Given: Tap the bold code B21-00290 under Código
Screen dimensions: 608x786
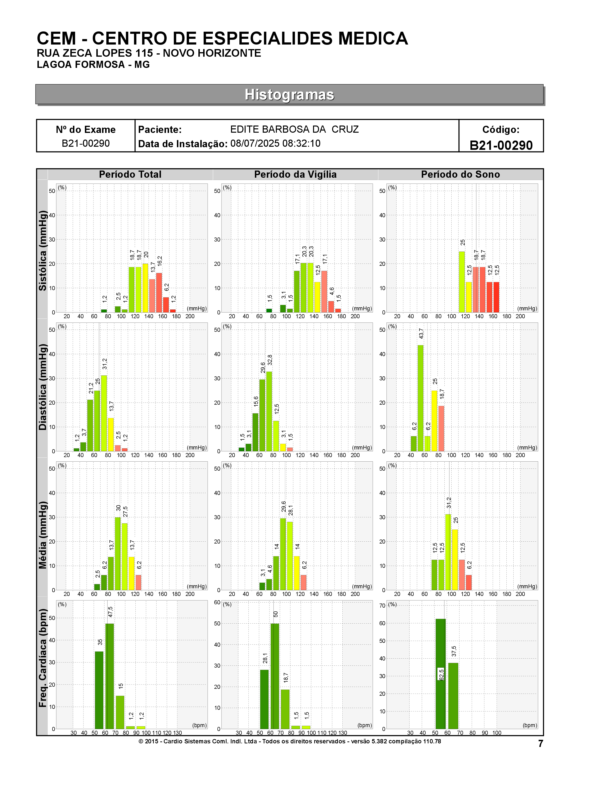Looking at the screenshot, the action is click(x=501, y=145).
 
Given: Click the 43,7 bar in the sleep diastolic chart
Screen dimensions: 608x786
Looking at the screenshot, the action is click(x=420, y=398).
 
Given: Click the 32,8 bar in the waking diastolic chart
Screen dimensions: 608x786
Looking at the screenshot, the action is click(x=269, y=411).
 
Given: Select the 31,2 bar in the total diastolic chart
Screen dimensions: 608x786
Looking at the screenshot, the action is click(x=104, y=413).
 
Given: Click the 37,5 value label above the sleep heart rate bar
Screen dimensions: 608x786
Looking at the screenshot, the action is click(x=454, y=651).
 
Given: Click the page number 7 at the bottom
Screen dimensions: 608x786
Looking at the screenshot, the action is click(x=540, y=744).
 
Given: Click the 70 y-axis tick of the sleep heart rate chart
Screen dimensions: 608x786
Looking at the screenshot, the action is click(x=382, y=606).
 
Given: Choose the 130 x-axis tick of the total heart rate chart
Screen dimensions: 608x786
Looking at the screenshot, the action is click(x=177, y=733).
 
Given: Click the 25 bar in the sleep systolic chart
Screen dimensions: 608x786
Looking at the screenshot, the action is click(x=462, y=282).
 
